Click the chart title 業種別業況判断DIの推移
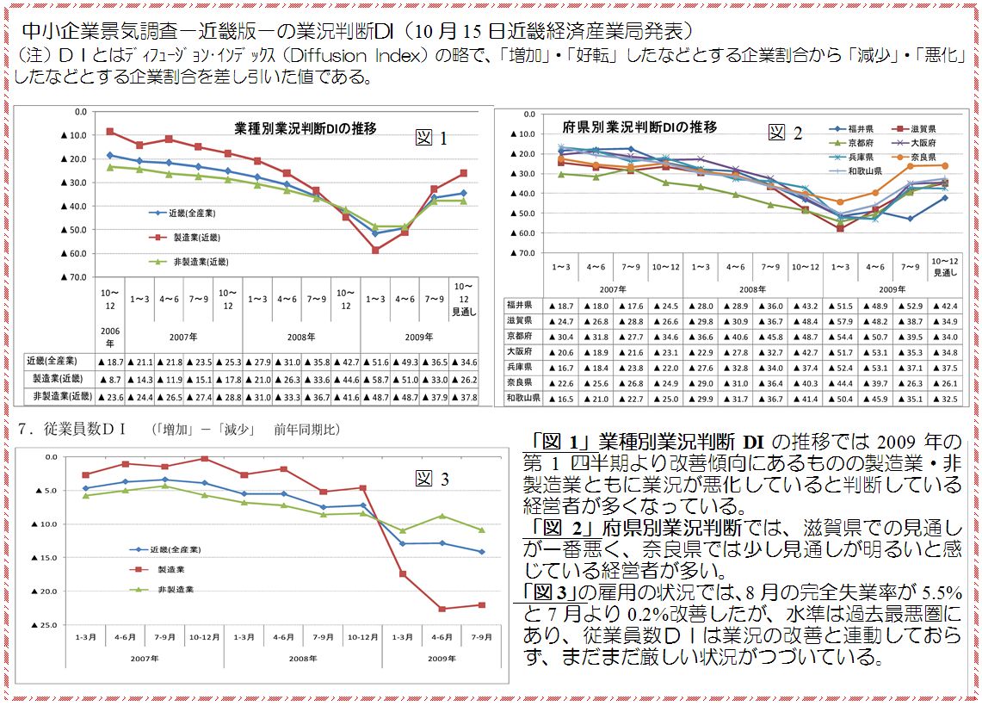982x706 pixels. coord(306,128)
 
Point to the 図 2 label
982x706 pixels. coord(785,132)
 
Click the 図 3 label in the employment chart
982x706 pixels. coord(432,480)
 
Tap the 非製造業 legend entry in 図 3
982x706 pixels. coord(176,589)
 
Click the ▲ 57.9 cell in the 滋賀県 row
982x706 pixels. coord(839,320)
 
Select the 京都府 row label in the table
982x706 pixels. coord(522,336)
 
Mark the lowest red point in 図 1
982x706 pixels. coord(375,250)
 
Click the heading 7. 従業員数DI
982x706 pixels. coord(74,428)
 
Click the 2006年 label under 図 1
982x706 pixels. coord(110,336)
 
